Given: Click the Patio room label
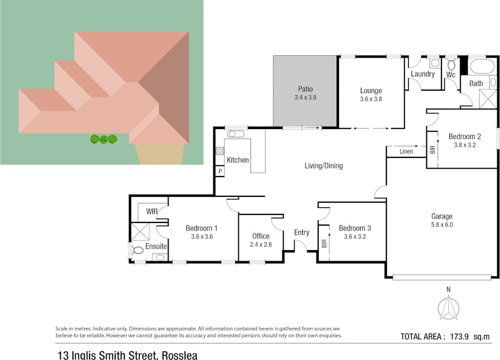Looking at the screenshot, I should [305, 89].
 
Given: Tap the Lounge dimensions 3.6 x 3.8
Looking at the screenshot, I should [371, 99].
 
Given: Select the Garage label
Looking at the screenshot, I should [441, 216].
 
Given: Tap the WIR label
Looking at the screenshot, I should [151, 212].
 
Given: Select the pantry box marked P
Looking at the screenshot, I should [220, 171].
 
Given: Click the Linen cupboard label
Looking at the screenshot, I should [406, 151].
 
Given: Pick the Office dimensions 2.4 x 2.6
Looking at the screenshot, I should [261, 245].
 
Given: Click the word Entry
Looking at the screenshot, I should [302, 232].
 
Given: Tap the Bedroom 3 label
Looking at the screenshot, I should [355, 228].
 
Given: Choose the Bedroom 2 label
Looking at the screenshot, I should [464, 135].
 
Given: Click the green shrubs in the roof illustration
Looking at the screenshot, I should [103, 139].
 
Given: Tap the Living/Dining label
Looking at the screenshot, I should [324, 166].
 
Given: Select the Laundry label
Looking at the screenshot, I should [423, 74].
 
